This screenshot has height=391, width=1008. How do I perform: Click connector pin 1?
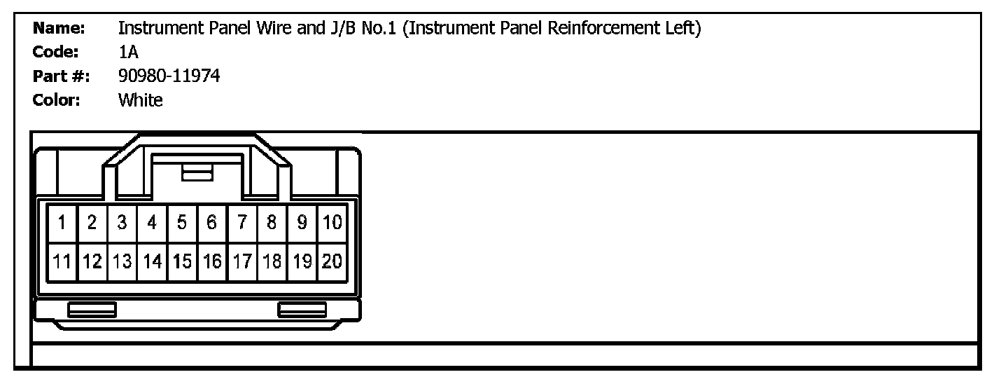(62, 223)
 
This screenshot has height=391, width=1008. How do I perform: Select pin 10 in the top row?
(332, 223)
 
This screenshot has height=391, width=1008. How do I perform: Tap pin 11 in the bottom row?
(62, 262)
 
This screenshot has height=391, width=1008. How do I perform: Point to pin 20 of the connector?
(332, 262)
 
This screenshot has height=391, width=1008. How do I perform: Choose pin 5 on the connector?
(182, 223)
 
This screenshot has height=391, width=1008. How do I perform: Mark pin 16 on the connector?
(212, 262)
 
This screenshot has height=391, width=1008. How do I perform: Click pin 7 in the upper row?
(242, 223)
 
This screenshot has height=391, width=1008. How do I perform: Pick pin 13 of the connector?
(122, 262)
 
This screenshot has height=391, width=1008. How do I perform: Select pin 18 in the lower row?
(272, 262)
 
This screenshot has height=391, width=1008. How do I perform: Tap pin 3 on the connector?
(122, 223)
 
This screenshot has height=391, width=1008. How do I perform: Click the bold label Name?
(59, 29)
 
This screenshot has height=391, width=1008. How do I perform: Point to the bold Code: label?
(55, 53)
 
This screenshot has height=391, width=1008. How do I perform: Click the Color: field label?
(57, 100)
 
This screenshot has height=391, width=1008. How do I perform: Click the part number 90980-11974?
(169, 76)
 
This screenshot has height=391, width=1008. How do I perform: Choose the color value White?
(140, 100)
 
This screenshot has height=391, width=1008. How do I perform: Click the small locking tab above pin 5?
(197, 173)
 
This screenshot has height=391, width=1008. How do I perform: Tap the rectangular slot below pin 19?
(302, 309)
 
